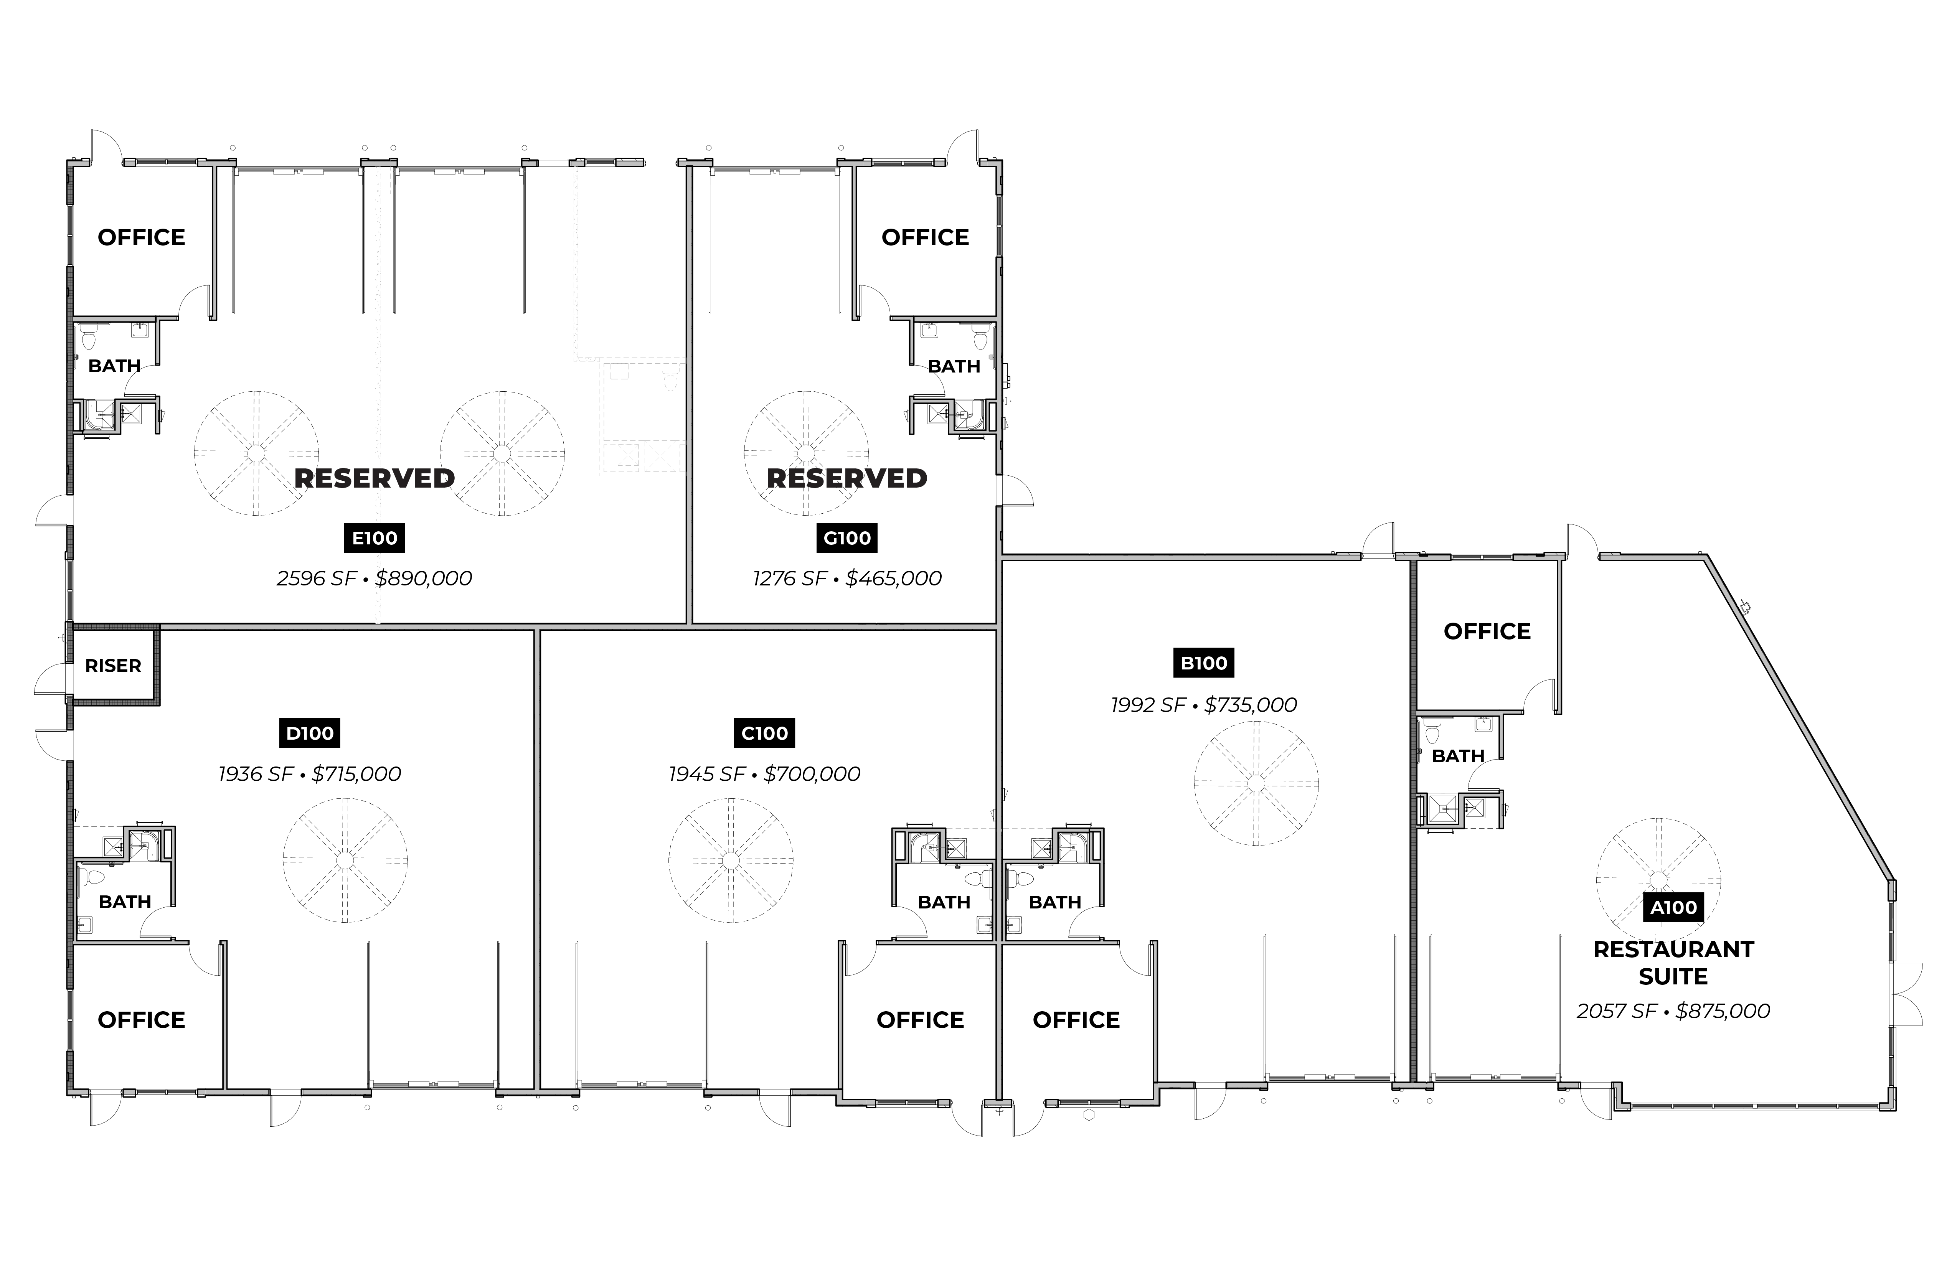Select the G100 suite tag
(847, 539)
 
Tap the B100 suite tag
(1204, 663)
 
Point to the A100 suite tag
(1673, 908)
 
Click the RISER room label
(114, 666)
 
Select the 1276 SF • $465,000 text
(847, 579)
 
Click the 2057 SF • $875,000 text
(1673, 1011)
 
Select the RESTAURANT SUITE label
(1673, 963)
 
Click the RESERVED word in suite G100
(847, 478)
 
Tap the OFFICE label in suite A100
(1487, 631)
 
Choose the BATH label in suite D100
(125, 902)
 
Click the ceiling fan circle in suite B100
(1256, 783)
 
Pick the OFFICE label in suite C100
(920, 1020)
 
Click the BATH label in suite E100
(114, 366)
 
